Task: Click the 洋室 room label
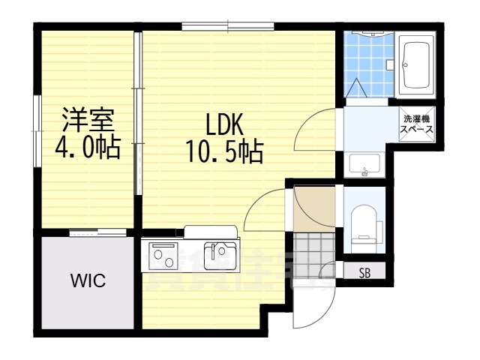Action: tap(87, 120)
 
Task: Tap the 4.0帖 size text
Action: tap(87, 148)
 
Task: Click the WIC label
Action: tap(88, 282)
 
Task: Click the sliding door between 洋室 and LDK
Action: tap(137, 112)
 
